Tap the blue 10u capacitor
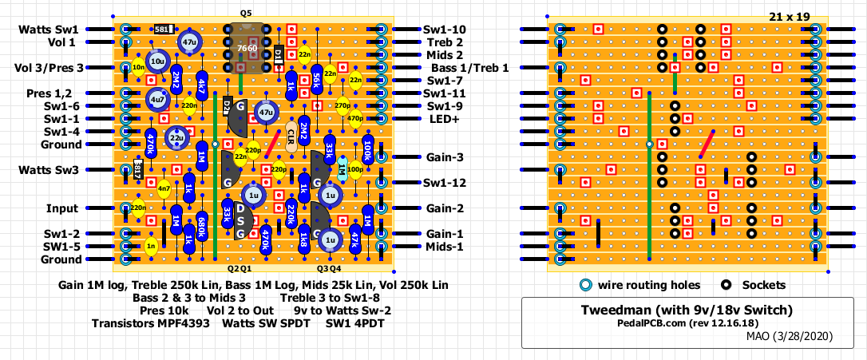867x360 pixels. coord(157,61)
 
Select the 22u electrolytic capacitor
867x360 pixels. coord(176,138)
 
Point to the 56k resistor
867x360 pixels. coord(317,80)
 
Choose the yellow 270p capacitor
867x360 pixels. coord(342,105)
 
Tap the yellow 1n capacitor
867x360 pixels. coord(151,247)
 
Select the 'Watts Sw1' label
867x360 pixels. coord(50,30)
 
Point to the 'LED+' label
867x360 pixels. coord(445,119)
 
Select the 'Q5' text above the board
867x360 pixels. coord(245,14)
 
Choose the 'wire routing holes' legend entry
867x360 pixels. coord(649,285)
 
